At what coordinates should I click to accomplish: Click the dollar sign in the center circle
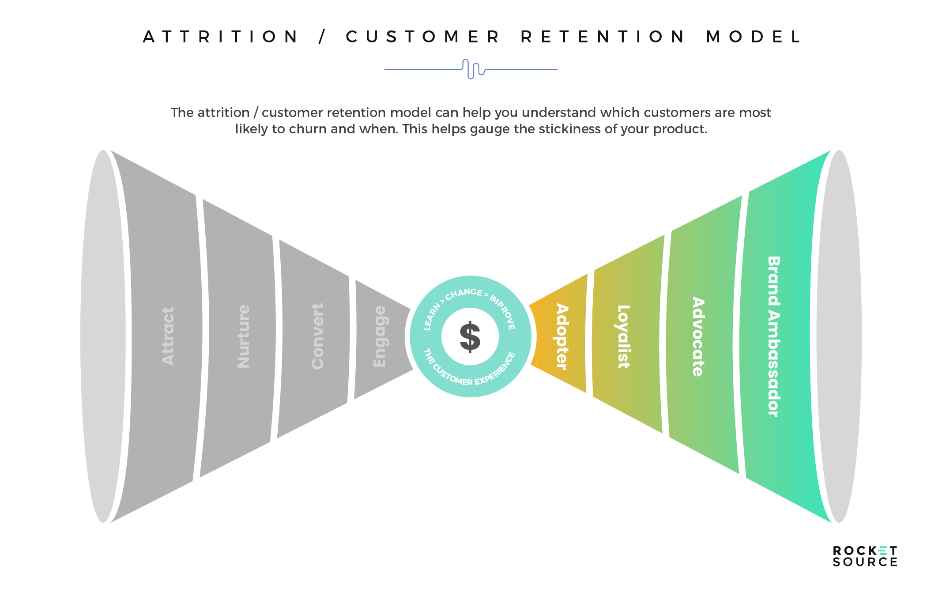[470, 336]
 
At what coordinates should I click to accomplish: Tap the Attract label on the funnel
[168, 336]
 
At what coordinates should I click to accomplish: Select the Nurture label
[244, 336]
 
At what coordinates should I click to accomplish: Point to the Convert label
[318, 336]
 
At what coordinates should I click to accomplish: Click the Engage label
[380, 336]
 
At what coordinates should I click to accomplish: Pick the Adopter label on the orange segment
[561, 336]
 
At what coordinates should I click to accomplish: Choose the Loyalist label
[623, 336]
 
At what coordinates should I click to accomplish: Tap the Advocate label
[698, 336]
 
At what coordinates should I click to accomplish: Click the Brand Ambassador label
[773, 336]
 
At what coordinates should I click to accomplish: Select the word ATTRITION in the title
[221, 37]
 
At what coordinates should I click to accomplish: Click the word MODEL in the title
[754, 37]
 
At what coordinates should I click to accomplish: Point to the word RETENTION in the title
[603, 37]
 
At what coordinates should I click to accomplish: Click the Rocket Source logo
[865, 556]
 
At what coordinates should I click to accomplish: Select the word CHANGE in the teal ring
[463, 294]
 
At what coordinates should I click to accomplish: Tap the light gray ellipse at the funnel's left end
[102, 336]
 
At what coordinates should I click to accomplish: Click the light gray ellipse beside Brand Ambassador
[839, 336]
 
